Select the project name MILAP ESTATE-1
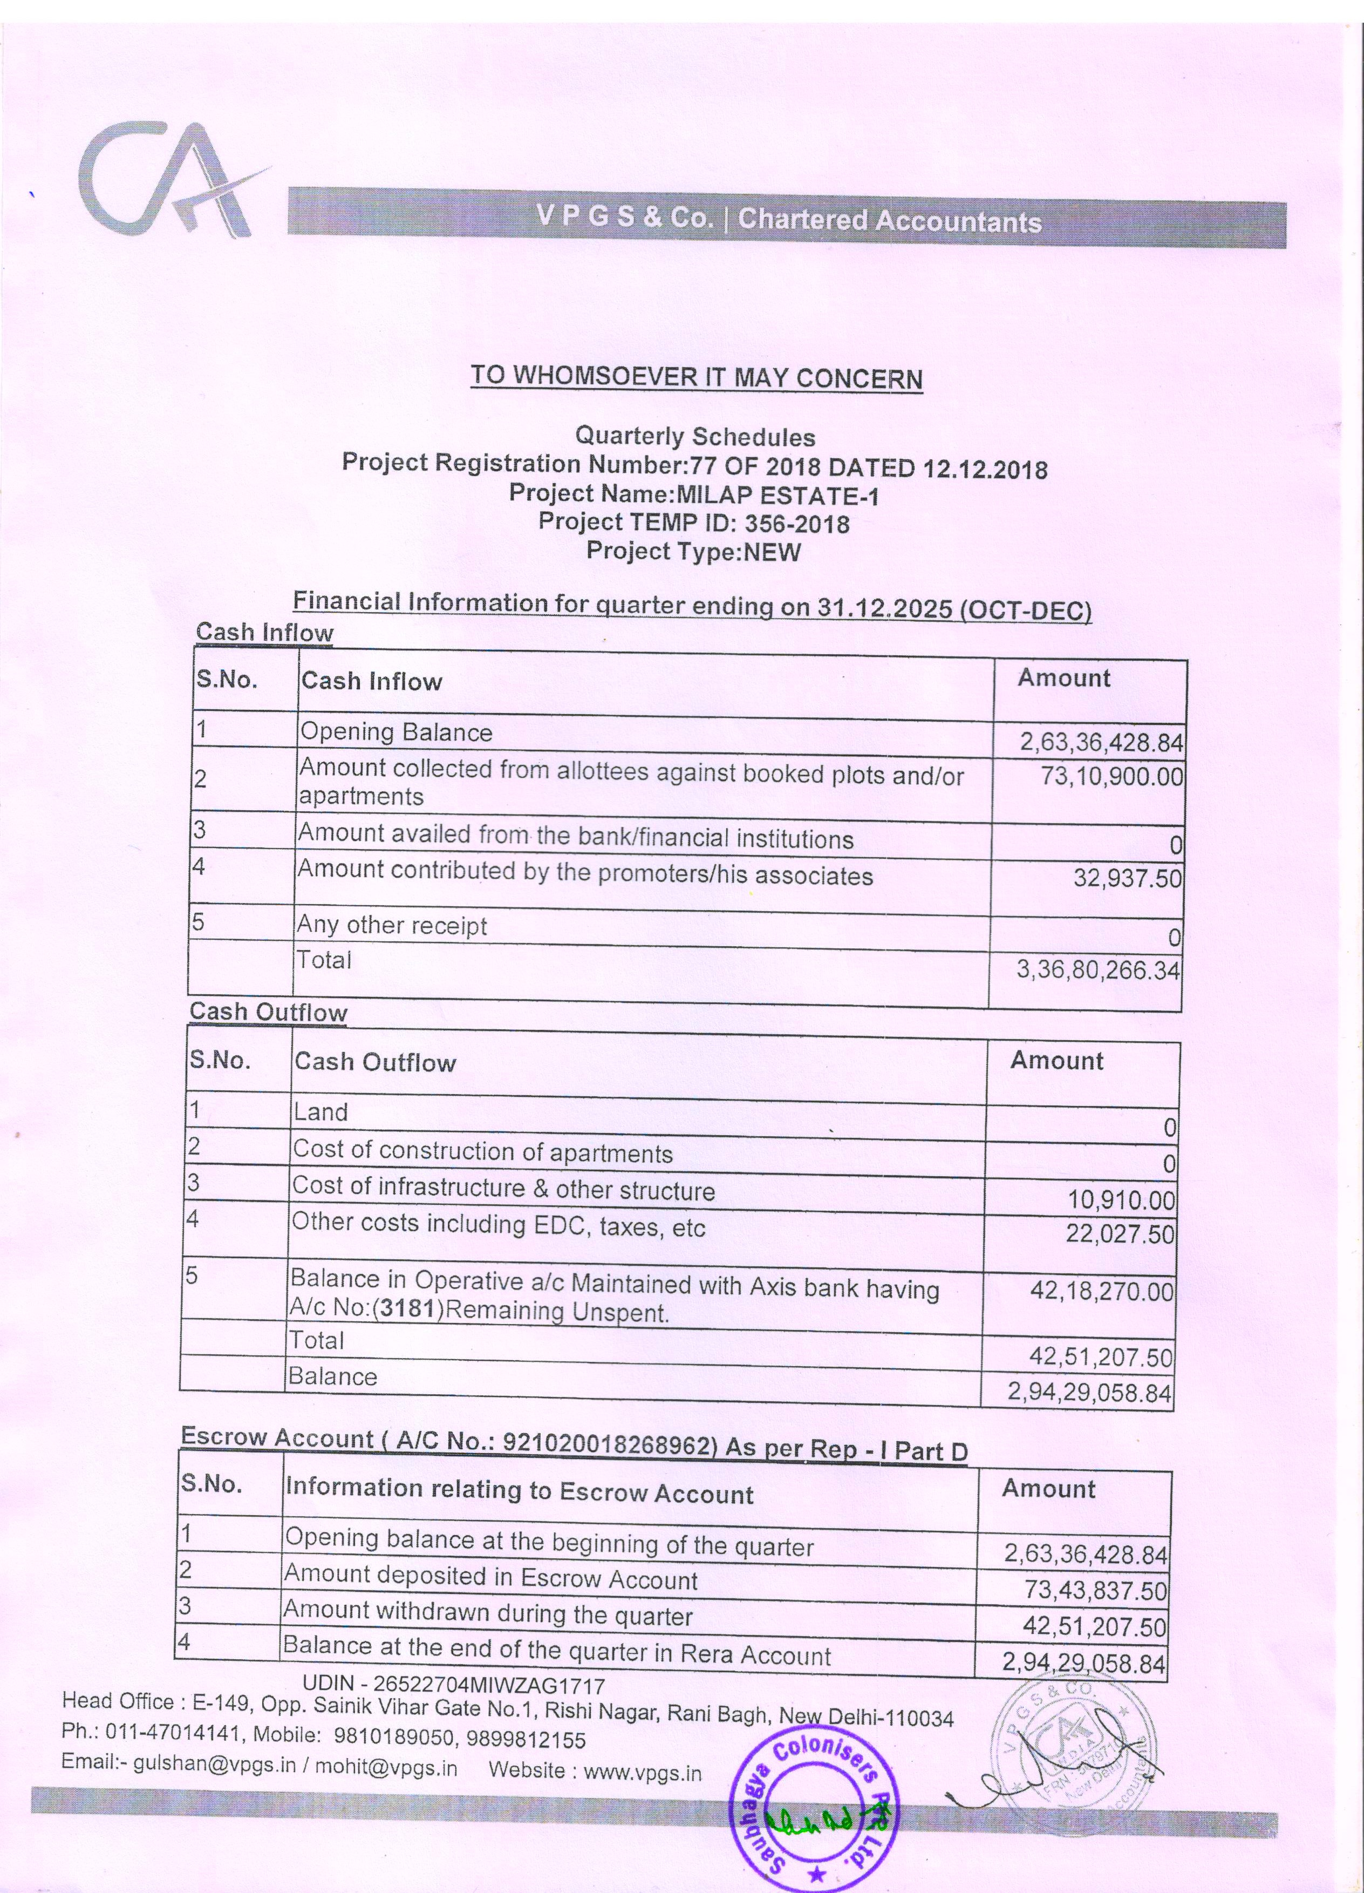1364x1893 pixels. click(x=776, y=495)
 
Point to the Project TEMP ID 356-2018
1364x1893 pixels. click(x=797, y=524)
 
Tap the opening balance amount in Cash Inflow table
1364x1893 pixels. click(x=1100, y=742)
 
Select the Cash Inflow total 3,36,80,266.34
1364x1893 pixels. click(x=1097, y=970)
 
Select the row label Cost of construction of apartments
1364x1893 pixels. click(x=482, y=1152)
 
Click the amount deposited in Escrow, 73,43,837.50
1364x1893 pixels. click(x=1095, y=1590)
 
